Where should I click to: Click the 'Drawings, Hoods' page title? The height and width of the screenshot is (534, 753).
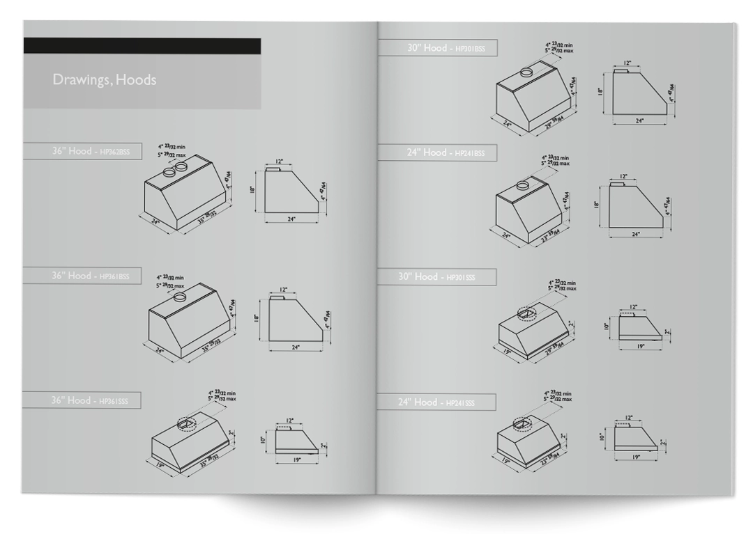click(x=104, y=80)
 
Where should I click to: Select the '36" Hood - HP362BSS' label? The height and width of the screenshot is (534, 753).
click(x=95, y=151)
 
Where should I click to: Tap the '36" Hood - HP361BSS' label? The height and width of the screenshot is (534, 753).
click(x=95, y=276)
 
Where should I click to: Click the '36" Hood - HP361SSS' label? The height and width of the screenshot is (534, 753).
click(x=95, y=400)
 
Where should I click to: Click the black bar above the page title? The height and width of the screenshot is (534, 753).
click(x=142, y=46)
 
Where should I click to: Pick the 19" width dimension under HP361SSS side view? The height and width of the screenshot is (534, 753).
click(x=296, y=460)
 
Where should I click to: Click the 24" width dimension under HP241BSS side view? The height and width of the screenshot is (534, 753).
click(x=635, y=235)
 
